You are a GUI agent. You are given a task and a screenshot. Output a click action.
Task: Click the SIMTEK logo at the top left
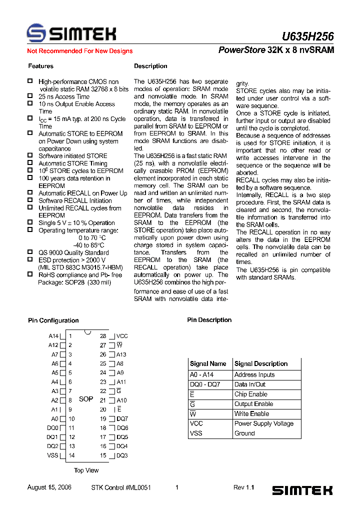[x=71, y=33]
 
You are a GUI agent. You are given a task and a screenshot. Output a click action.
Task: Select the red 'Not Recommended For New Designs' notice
[x=79, y=51]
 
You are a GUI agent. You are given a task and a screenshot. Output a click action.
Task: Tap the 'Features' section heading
[x=40, y=66]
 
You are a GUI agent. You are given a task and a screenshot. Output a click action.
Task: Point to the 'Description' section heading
[x=150, y=66]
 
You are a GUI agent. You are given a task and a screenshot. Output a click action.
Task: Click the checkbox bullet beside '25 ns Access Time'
[x=29, y=96]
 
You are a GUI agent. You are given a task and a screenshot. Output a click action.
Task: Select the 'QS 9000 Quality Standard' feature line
[x=73, y=253]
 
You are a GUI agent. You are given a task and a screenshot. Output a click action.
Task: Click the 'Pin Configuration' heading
[x=53, y=320]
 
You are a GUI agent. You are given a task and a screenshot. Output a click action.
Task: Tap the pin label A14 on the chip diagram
[x=53, y=336]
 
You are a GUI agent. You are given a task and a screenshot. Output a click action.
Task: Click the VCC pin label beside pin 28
[x=122, y=336]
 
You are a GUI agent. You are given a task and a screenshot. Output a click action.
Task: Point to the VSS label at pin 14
[x=52, y=455]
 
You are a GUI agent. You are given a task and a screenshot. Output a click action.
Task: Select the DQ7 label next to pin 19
[x=122, y=419]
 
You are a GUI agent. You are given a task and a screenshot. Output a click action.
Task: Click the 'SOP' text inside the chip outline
[x=86, y=399]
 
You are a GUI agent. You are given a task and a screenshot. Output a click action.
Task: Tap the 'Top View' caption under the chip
[x=86, y=470]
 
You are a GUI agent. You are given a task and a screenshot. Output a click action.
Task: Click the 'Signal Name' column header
[x=208, y=364]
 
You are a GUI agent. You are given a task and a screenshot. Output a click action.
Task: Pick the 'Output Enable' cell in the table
[x=253, y=404]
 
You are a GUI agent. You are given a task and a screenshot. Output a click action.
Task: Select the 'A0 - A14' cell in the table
[x=201, y=374]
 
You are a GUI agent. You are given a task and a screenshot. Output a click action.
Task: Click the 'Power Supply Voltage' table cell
[x=264, y=423]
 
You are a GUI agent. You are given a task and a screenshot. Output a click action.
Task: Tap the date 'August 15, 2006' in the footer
[x=49, y=487]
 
